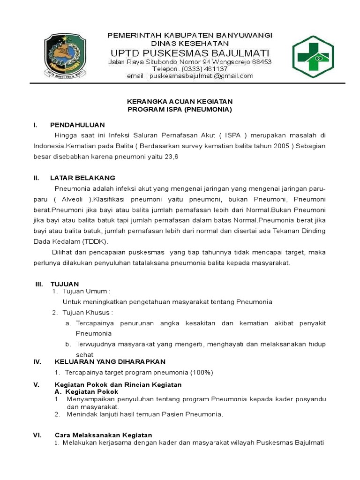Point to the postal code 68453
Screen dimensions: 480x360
(261, 62)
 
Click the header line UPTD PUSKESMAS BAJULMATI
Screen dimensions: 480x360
(190, 52)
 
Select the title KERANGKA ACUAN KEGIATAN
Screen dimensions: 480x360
(180, 102)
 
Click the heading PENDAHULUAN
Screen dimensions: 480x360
(77, 125)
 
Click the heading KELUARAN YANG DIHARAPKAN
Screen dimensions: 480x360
(110, 361)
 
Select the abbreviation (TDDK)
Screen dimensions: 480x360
(95, 241)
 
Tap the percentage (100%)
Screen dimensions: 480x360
(202, 372)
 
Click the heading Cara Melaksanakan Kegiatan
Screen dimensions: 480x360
(104, 435)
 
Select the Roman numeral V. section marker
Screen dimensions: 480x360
(36, 384)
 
